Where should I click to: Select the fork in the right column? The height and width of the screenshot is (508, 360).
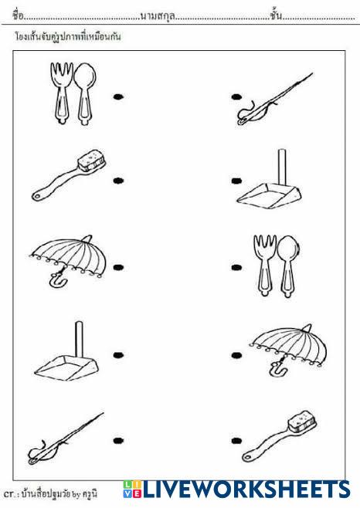[x=265, y=265]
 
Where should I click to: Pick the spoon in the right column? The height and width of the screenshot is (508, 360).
[x=288, y=266]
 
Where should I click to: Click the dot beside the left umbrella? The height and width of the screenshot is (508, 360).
[x=118, y=267]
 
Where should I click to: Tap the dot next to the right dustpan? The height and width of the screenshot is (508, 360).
[x=236, y=181]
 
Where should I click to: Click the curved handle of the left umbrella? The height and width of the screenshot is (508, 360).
[x=58, y=279]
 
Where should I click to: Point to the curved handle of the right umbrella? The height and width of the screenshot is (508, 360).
[x=277, y=368]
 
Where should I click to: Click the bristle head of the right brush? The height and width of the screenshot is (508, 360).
[x=302, y=421]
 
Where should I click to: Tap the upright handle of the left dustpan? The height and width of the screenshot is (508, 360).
[x=79, y=339]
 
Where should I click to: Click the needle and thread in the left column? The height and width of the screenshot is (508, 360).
[x=66, y=438]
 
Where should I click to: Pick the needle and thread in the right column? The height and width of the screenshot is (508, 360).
[x=274, y=99]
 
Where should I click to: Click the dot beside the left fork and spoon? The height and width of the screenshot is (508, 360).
[x=119, y=97]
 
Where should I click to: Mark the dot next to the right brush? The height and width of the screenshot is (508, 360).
[x=236, y=441]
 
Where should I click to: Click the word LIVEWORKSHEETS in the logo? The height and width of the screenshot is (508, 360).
[x=246, y=489]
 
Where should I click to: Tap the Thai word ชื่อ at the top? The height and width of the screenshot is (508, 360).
[x=19, y=15]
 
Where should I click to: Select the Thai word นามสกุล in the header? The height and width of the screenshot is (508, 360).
[x=158, y=15]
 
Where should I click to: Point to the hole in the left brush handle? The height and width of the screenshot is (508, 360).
[x=37, y=196]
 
